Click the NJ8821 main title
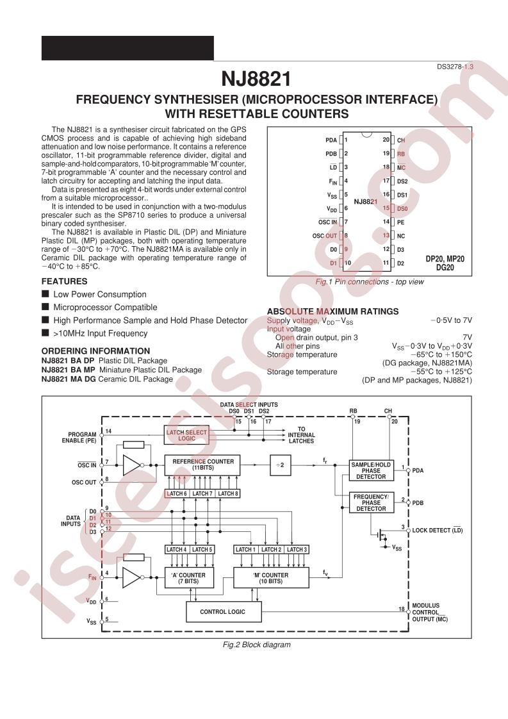pos(256,78)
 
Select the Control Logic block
pos(224,612)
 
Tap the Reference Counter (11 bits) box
pos(202,465)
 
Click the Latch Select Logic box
pos(186,435)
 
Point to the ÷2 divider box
pos(280,465)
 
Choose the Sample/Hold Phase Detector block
pos(371,470)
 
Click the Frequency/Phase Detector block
pos(371,502)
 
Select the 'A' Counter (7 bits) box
pos(189,578)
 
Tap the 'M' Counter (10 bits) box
pos(271,578)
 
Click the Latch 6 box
pos(177,493)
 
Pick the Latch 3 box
pos(297,549)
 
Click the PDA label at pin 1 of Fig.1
pos(331,140)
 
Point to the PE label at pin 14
pos(401,222)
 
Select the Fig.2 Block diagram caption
pos(257,644)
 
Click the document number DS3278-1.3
pos(455,67)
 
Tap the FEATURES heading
pos(64,281)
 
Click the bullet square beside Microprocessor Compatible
pos(45,306)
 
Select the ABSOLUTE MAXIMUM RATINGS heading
pos(333,311)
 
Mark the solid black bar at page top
pos(127,48)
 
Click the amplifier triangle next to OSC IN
pos(131,465)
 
